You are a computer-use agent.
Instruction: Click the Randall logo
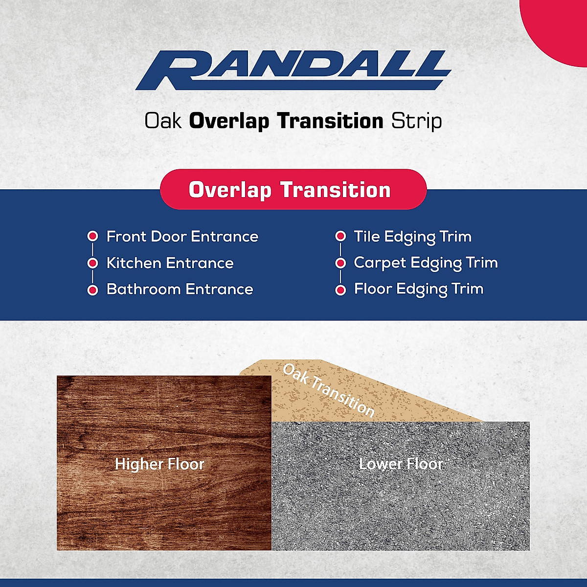(293, 70)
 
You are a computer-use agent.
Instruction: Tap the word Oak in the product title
(163, 121)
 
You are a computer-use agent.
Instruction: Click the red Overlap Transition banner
(293, 189)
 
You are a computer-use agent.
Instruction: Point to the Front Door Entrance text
(182, 236)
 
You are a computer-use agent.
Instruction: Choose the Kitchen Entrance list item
(170, 263)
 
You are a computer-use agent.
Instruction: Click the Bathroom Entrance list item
(180, 289)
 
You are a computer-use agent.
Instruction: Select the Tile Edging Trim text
(413, 237)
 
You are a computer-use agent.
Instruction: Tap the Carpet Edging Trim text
(426, 263)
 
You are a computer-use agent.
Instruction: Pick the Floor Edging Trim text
(419, 290)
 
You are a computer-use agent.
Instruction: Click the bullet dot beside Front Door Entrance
(92, 236)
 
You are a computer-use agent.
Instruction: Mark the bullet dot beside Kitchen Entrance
(92, 263)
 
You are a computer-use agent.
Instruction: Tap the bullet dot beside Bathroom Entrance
(92, 290)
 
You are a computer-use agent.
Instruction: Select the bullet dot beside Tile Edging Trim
(340, 236)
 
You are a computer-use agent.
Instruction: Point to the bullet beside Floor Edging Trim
(340, 290)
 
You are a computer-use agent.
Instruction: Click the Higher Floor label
(159, 464)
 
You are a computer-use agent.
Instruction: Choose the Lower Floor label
(401, 464)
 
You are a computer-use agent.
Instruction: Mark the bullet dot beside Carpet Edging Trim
(340, 263)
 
